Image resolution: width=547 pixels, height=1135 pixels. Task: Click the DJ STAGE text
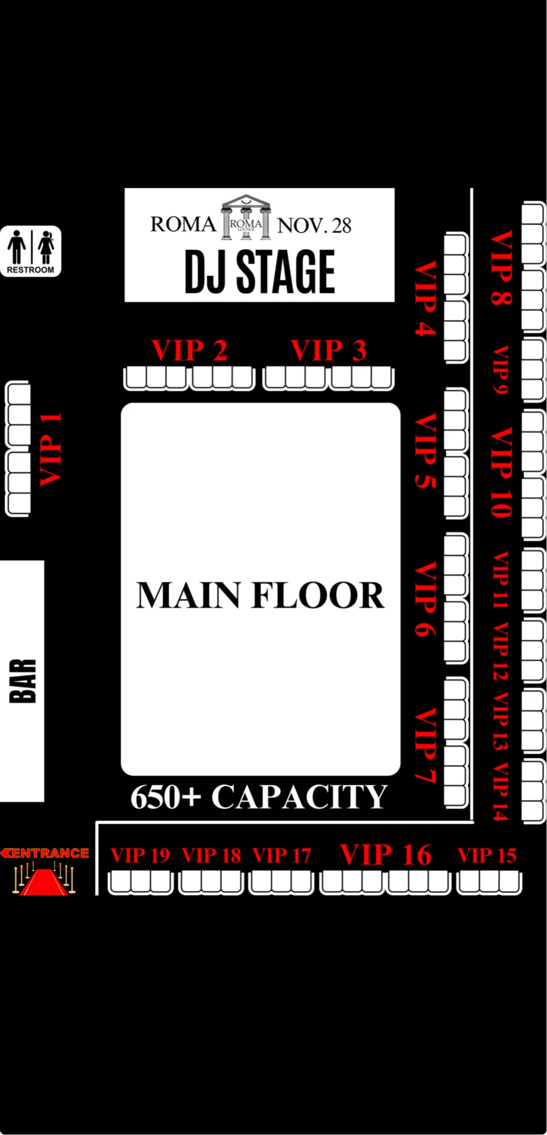coord(259,272)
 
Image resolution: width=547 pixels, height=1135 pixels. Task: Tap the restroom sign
coord(31,251)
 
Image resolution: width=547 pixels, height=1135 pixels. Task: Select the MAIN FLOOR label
coord(260,595)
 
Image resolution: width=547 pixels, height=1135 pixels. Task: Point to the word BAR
coord(22,681)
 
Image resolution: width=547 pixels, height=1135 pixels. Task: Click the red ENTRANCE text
coord(45,853)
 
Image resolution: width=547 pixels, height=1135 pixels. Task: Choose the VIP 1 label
coord(51,449)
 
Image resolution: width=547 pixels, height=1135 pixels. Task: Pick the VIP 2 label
coord(189,350)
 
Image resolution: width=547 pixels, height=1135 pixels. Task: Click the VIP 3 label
coord(328,350)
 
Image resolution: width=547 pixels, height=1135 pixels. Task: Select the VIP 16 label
coord(386,854)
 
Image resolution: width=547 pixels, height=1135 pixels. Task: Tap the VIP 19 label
coord(140,855)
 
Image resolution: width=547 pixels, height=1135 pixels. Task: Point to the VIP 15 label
coord(487,855)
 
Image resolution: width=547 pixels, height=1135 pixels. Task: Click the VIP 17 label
coord(282,855)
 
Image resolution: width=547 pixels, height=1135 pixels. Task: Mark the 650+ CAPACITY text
coord(259,797)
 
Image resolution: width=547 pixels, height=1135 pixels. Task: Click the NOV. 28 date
coord(314,225)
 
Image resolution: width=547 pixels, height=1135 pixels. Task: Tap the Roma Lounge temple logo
coord(246,217)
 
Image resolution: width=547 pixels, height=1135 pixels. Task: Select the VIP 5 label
coord(425,451)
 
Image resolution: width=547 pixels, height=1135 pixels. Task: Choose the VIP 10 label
coord(502,472)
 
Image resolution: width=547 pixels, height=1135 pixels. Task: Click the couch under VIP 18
coord(211,882)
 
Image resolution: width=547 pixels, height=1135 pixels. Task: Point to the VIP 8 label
coord(502,268)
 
